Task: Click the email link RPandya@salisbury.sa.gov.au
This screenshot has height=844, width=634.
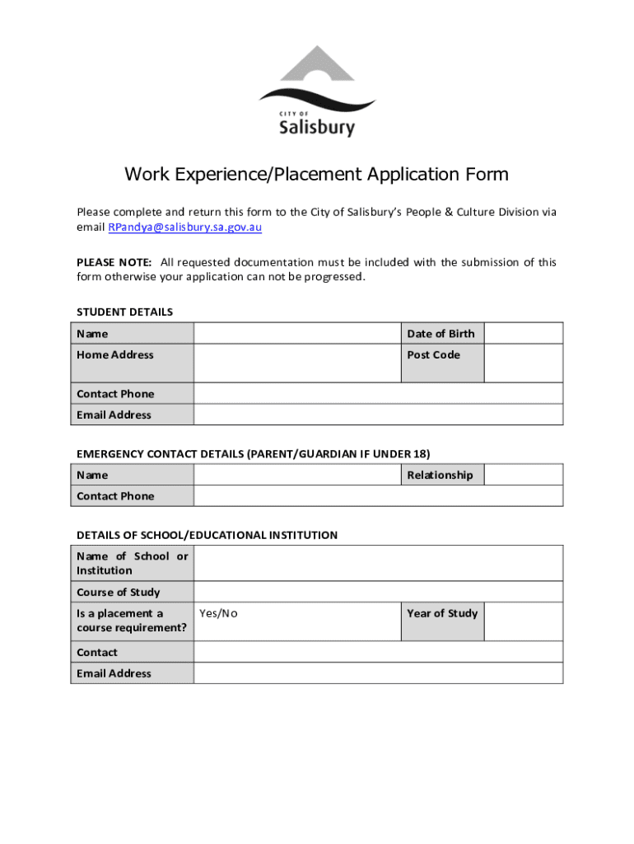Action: (x=185, y=227)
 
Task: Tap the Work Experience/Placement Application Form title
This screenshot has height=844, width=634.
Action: (x=316, y=175)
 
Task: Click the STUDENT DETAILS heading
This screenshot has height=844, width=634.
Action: (x=124, y=312)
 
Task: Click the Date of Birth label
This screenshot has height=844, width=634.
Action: (x=441, y=334)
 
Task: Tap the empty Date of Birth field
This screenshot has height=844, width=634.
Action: (x=523, y=334)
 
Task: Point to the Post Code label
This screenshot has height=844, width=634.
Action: (x=433, y=355)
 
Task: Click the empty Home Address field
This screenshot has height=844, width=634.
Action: (x=296, y=363)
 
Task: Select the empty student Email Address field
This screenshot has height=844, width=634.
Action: (x=379, y=415)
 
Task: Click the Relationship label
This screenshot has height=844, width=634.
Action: (x=440, y=475)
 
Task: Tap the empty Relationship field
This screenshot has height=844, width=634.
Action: (x=523, y=475)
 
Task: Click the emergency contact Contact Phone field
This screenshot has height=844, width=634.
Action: (x=379, y=496)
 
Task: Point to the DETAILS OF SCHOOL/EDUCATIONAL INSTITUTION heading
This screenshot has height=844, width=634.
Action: (x=207, y=535)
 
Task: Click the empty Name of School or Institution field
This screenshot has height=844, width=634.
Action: (x=379, y=563)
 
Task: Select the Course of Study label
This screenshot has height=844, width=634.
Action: (x=119, y=592)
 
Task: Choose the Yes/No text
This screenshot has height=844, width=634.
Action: (x=218, y=613)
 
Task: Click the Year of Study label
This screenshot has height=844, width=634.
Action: (x=442, y=613)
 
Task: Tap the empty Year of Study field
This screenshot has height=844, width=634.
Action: (x=523, y=621)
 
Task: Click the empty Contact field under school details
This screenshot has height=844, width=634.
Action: (x=379, y=652)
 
